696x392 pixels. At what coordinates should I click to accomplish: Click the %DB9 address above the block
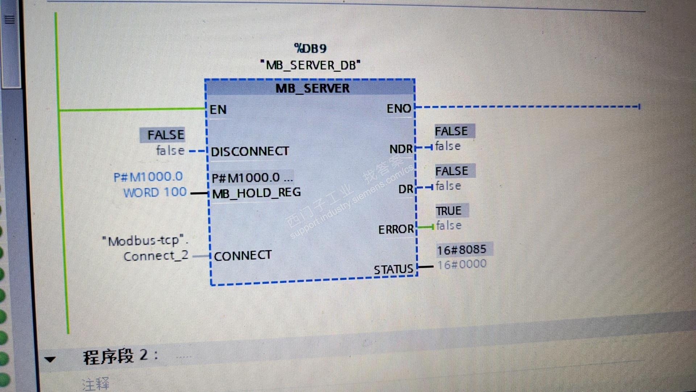click(x=310, y=48)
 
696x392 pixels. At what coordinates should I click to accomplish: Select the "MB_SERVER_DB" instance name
click(x=310, y=65)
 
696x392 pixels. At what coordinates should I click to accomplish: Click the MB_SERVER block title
click(x=312, y=88)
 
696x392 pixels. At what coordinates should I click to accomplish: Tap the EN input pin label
click(x=218, y=110)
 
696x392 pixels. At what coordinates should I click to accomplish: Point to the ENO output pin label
click(x=399, y=109)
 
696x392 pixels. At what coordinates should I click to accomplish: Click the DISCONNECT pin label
click(x=250, y=151)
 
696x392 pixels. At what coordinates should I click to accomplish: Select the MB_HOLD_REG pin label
click(x=256, y=193)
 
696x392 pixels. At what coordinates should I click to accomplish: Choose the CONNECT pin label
click(x=243, y=256)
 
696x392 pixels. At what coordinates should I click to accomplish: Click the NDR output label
click(x=401, y=149)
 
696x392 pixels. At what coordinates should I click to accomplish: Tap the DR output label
click(x=406, y=189)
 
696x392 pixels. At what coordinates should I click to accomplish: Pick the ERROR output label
click(x=396, y=229)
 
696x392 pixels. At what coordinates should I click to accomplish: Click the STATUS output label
click(x=393, y=270)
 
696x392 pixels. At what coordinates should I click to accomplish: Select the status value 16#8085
click(x=461, y=250)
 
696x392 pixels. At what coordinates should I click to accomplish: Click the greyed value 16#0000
click(x=462, y=264)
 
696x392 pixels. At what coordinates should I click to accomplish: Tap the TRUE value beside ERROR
click(x=448, y=211)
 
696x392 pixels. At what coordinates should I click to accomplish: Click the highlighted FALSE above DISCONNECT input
click(x=166, y=135)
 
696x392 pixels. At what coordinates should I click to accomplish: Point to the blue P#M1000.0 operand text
click(x=148, y=177)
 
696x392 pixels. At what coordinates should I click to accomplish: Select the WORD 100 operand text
click(x=155, y=192)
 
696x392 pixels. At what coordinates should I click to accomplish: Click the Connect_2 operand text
click(x=156, y=256)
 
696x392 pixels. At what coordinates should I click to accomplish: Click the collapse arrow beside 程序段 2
click(x=50, y=359)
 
